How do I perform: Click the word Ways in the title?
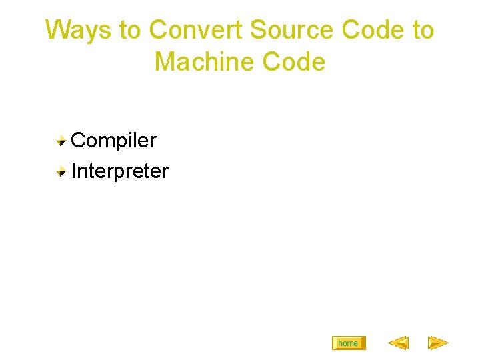pos(73,30)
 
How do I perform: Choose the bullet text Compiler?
pos(113,140)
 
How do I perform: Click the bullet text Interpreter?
pos(120,171)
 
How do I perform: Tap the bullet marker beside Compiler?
pos(61,140)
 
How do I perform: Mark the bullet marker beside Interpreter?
pos(61,171)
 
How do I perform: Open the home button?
pos(348,343)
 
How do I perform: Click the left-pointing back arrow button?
pos(398,343)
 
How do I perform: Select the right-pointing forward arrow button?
pos(437,343)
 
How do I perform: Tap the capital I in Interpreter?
pos(73,171)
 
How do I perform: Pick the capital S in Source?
pos(257,30)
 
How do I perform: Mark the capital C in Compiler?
pos(79,140)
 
